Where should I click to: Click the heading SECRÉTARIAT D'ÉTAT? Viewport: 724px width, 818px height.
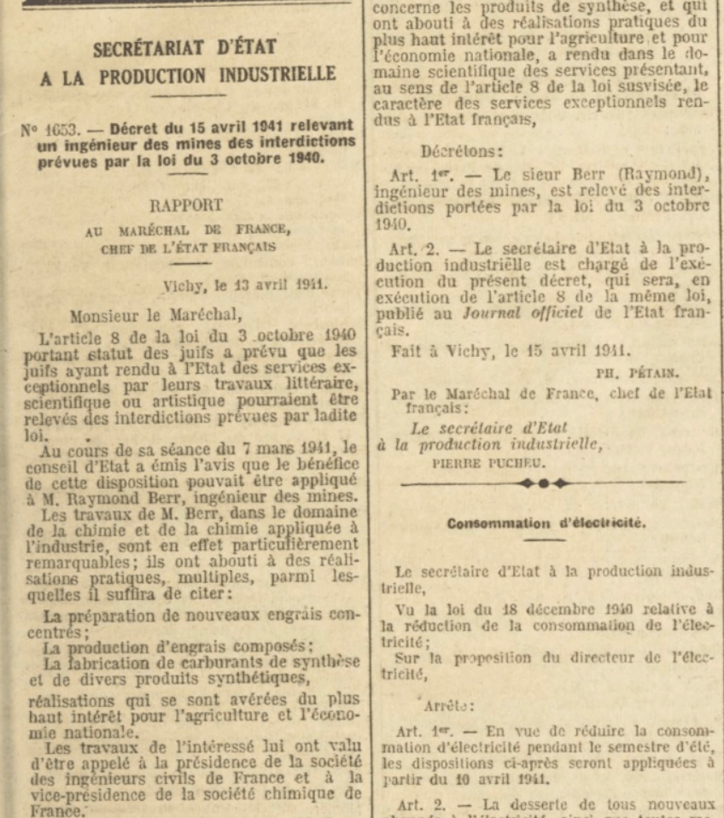click(184, 49)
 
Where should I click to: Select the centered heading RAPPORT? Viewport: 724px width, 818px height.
click(186, 206)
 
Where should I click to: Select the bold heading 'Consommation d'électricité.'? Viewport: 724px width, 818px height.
click(546, 523)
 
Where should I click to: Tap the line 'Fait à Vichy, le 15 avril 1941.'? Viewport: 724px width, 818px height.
click(511, 350)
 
